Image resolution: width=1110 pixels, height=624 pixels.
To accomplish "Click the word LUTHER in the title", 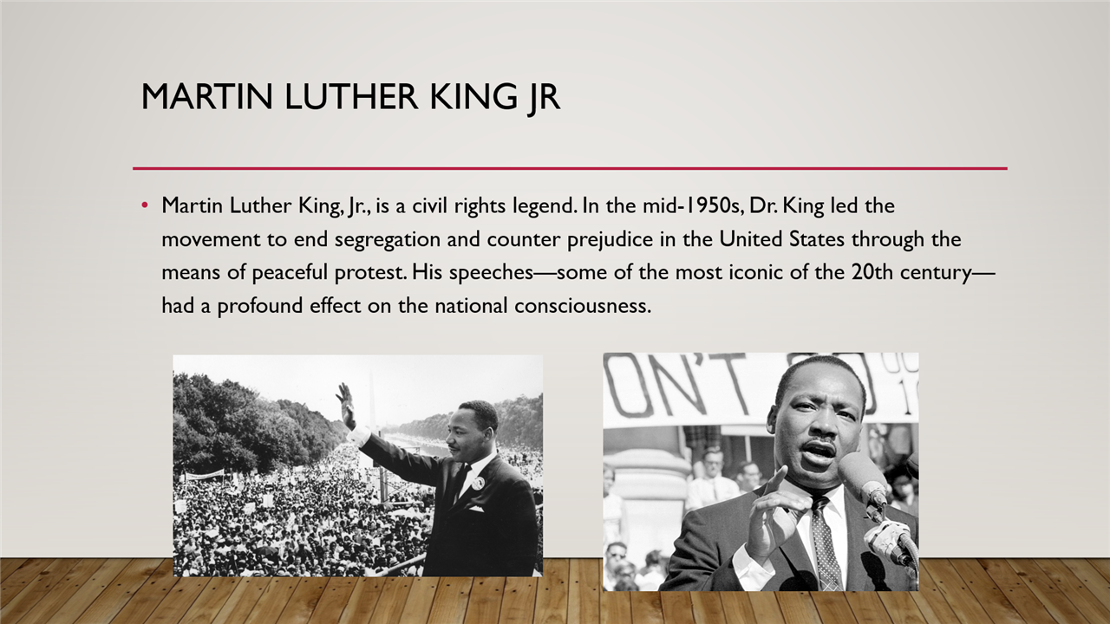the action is coord(351,97).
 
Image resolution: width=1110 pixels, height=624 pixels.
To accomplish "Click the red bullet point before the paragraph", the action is coord(145,205).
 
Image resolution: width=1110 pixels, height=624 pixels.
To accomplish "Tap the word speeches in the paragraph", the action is coord(491,273).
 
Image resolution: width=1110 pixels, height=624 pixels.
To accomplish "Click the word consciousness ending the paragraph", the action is coord(582,306).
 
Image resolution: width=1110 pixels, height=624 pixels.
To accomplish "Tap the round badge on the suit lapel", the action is coord(477,483).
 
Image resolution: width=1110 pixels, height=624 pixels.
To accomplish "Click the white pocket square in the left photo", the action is coord(475,509).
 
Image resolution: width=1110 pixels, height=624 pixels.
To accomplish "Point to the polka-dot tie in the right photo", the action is coord(825,541).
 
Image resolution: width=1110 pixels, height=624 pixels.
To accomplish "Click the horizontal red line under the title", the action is coord(570,168).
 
